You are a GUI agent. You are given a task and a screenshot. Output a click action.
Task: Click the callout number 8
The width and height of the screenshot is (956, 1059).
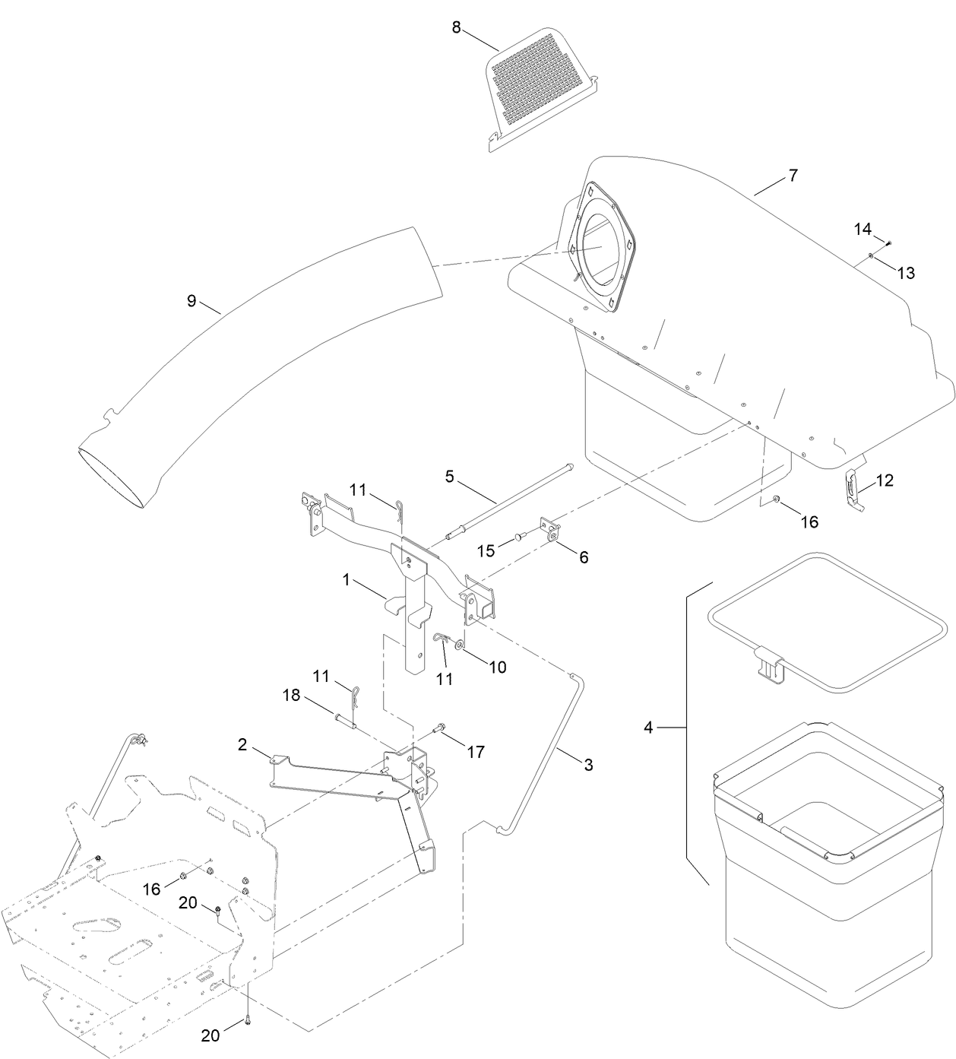coord(456,27)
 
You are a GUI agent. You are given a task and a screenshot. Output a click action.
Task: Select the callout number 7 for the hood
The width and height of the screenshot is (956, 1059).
coord(793,176)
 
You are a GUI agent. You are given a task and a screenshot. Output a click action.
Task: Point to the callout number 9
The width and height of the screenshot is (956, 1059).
coord(192,301)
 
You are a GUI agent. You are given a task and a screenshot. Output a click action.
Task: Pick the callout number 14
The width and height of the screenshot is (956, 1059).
coord(863,229)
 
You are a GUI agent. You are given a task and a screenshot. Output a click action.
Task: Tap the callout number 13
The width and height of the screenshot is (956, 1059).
coord(906,273)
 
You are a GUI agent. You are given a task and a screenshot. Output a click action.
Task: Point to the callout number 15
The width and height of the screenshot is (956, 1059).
coord(486,550)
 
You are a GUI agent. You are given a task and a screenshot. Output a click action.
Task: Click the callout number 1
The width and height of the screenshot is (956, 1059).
coord(347,580)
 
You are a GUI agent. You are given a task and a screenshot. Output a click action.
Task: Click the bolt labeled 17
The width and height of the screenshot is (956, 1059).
coord(440,730)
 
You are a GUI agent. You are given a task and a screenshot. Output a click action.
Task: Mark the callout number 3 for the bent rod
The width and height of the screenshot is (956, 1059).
coord(588,765)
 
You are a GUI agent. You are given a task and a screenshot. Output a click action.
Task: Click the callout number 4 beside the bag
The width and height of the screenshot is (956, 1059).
coord(648,728)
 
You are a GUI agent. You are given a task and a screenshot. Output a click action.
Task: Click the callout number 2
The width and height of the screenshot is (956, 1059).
coord(242,744)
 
